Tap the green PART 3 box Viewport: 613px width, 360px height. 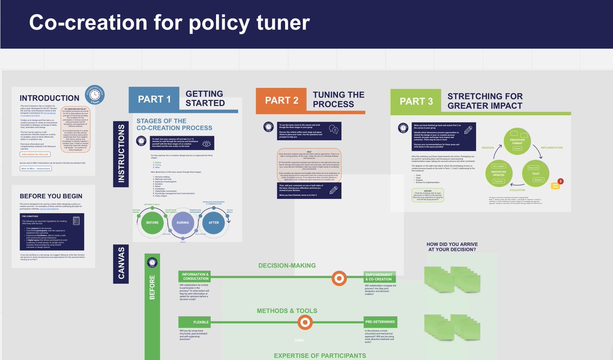pos(416,101)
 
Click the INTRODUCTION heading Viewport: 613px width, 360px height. pos(50,98)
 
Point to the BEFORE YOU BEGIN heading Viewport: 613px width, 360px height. pos(51,196)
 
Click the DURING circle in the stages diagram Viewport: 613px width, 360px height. pos(182,223)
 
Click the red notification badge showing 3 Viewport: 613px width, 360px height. pos(560,181)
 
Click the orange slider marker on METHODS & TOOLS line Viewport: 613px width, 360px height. pos(305,322)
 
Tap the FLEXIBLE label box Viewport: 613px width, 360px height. pos(194,322)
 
